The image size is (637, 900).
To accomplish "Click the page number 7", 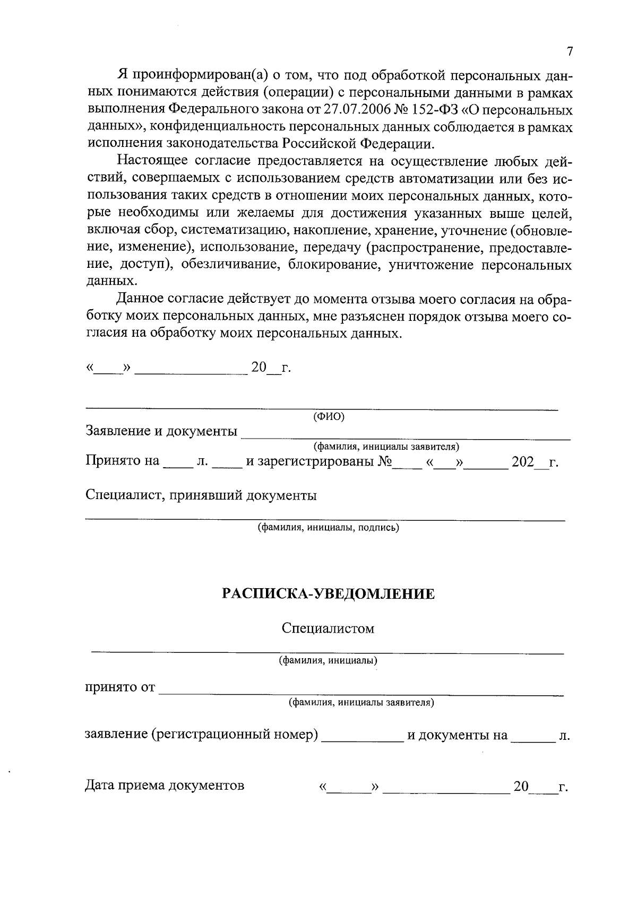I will [569, 51].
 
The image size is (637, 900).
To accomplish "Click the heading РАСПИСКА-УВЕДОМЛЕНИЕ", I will [328, 594].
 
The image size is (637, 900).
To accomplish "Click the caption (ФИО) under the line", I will [329, 417].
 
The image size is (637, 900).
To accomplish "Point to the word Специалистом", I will [328, 628].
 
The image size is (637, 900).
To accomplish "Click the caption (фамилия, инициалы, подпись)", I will [328, 528].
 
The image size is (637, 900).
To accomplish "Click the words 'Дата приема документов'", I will [165, 785].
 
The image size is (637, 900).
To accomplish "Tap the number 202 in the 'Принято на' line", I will [522, 462].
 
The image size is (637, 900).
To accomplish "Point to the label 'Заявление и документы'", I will [161, 431].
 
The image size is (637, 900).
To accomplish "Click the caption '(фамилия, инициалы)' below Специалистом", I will [328, 661].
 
